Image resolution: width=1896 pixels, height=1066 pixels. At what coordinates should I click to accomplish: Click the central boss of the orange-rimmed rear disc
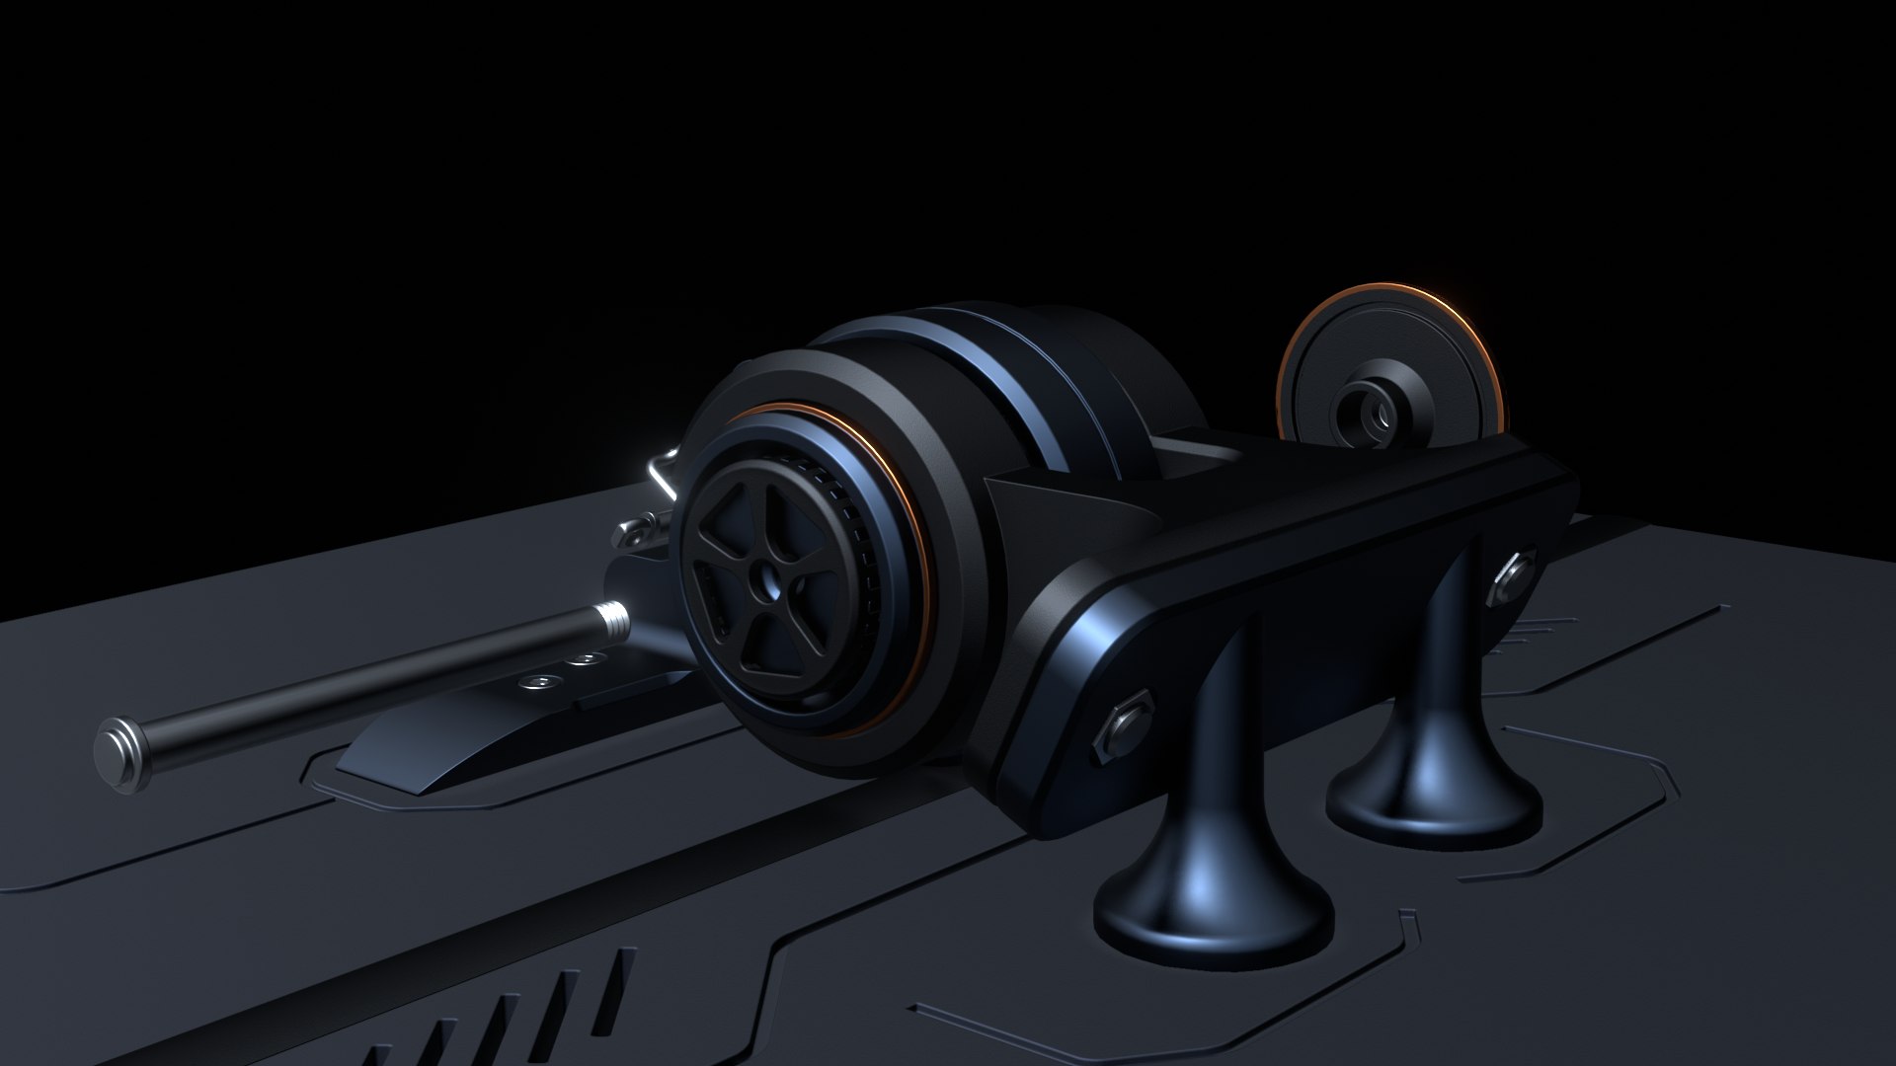(x=1367, y=406)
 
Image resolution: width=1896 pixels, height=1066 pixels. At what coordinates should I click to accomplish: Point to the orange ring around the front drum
(x=913, y=553)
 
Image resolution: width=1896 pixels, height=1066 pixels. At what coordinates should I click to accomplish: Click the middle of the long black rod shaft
(x=365, y=687)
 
